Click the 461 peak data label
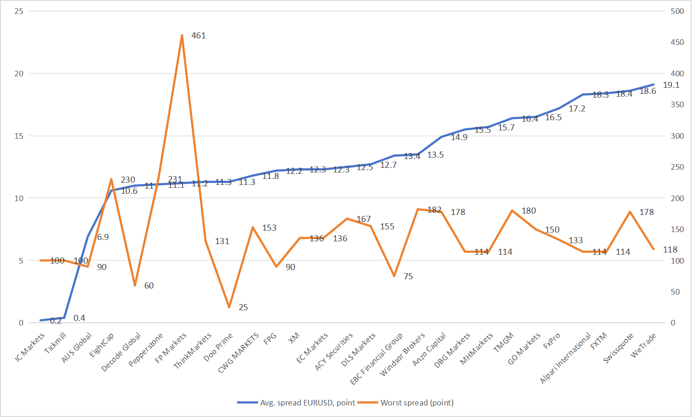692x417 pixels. click(x=198, y=36)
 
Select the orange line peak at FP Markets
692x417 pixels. click(x=182, y=35)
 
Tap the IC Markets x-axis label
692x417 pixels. click(x=30, y=347)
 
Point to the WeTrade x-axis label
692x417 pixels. click(x=643, y=345)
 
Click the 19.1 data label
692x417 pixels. click(x=671, y=85)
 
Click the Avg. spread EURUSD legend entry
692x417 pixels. click(x=307, y=403)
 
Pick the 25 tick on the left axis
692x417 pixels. click(x=19, y=11)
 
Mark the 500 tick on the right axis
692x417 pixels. click(x=677, y=11)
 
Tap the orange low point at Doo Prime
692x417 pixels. click(x=229, y=307)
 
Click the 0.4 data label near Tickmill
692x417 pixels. click(x=79, y=318)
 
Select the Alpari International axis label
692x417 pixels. click(x=565, y=358)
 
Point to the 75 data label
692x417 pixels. click(x=408, y=276)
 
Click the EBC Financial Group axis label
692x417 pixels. click(x=376, y=358)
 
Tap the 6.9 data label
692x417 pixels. click(x=103, y=237)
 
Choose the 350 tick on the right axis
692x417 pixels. click(x=677, y=104)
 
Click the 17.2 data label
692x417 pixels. click(x=577, y=109)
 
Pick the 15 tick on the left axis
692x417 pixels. click(x=19, y=136)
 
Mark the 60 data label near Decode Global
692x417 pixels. click(x=149, y=286)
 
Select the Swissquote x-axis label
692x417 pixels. click(x=618, y=348)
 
